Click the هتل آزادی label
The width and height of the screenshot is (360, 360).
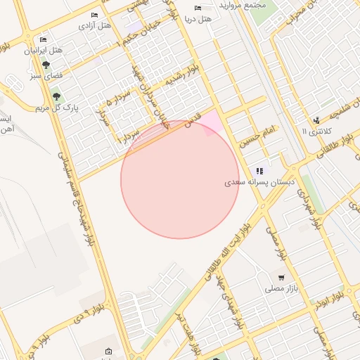(95, 26)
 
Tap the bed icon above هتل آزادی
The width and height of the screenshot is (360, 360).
(95, 15)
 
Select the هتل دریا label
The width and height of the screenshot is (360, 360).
(198, 19)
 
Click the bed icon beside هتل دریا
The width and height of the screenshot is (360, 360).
(198, 8)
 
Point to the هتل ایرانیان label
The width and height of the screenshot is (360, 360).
(44, 51)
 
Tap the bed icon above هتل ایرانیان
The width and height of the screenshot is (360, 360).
(44, 39)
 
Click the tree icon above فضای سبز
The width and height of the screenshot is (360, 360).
(46, 64)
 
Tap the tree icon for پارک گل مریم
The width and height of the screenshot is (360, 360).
(56, 96)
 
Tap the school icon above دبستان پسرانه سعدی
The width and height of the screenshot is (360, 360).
(260, 170)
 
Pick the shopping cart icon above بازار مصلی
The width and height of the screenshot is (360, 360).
(282, 277)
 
